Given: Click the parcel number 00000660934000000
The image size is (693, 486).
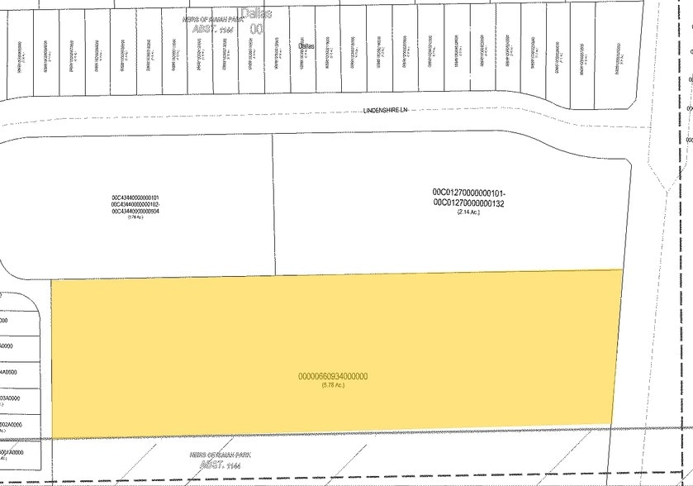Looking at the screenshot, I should pyautogui.click(x=333, y=377).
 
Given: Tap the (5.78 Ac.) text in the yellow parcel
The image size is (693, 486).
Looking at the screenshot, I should pyautogui.click(x=333, y=386).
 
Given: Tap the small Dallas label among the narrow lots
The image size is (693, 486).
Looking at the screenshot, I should pyautogui.click(x=306, y=46).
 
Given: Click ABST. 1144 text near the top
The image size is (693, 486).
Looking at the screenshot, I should pyautogui.click(x=209, y=27).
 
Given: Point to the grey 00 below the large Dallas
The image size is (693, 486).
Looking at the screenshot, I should pyautogui.click(x=256, y=28).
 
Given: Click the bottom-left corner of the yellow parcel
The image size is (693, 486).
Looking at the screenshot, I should pyautogui.click(x=53, y=438).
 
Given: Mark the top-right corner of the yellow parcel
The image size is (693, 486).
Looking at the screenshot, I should pyautogui.click(x=622, y=270).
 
